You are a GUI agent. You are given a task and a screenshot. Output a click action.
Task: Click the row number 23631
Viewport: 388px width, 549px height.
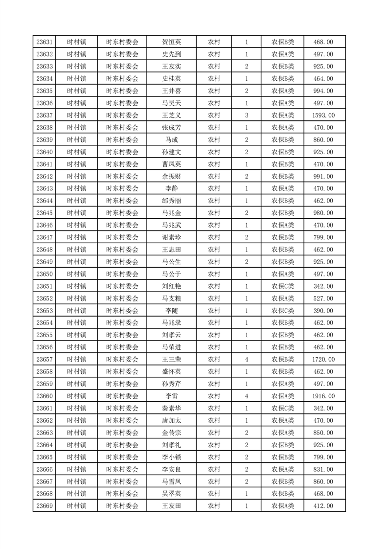[x=45, y=42]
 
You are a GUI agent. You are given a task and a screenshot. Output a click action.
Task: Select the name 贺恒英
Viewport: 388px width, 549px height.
[x=171, y=42]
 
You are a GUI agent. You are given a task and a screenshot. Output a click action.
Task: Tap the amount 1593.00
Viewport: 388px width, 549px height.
[x=323, y=115]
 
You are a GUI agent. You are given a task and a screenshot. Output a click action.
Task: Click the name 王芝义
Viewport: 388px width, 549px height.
[x=171, y=115]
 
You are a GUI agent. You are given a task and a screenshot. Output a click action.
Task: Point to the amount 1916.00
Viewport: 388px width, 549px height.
[x=323, y=396]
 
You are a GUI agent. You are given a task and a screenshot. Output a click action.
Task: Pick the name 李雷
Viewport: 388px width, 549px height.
[x=171, y=396]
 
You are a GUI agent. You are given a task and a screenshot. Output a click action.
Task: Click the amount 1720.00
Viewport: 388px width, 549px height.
[x=323, y=360]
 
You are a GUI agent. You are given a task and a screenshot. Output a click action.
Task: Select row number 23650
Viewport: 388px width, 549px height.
[x=45, y=274]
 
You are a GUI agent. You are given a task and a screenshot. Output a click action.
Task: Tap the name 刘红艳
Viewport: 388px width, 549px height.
[x=171, y=286]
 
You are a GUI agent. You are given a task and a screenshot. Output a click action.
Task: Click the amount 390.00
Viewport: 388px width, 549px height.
[x=323, y=311]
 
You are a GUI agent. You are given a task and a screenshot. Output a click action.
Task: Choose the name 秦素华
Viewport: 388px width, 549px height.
[x=171, y=409]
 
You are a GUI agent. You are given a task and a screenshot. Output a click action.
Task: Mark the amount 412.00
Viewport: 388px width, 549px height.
[x=323, y=506]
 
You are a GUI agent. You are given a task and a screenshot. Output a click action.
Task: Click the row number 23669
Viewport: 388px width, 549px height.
[x=45, y=506]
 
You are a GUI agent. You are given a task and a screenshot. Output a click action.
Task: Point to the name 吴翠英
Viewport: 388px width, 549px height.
[x=171, y=494]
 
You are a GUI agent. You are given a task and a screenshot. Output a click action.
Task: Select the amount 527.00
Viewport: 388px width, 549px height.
[x=323, y=298]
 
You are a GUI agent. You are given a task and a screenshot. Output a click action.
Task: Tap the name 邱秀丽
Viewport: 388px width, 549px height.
[x=171, y=201]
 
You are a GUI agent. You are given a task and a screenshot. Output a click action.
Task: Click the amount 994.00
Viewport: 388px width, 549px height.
[x=323, y=91]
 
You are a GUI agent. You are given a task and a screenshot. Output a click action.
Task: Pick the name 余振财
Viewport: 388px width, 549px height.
[x=171, y=177]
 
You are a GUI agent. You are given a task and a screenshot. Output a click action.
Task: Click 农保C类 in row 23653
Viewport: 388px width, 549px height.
[x=283, y=311]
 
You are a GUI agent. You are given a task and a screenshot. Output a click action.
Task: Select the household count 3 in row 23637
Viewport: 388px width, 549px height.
[x=246, y=115]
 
